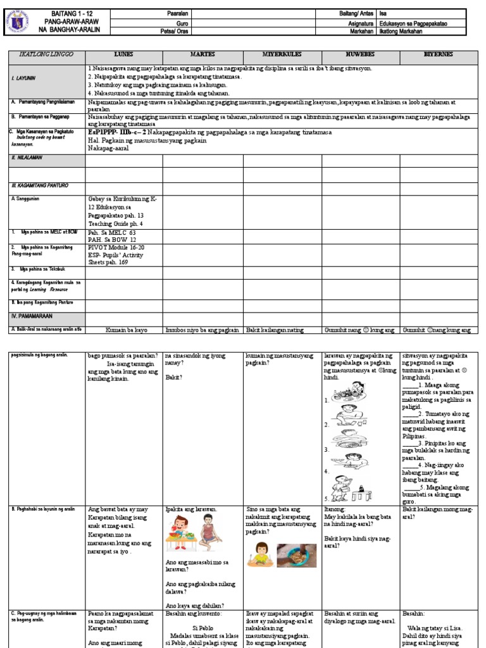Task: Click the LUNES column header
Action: click(x=123, y=54)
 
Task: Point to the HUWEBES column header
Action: click(x=360, y=54)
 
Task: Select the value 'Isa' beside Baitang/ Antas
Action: click(x=383, y=13)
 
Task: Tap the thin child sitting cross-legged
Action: click(x=209, y=532)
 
